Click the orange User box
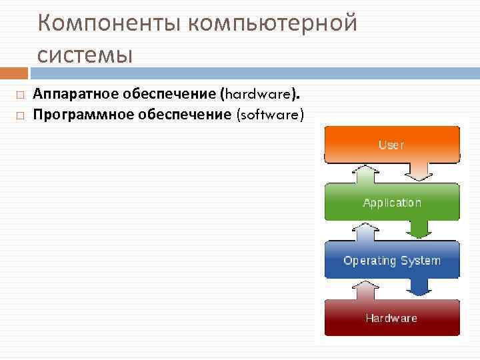click(x=391, y=144)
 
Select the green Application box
click(x=391, y=202)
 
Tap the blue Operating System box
click(x=391, y=260)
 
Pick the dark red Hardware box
click(x=391, y=318)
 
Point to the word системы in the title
click(x=85, y=53)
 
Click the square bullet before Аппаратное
click(x=21, y=95)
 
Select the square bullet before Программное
click(x=21, y=115)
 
